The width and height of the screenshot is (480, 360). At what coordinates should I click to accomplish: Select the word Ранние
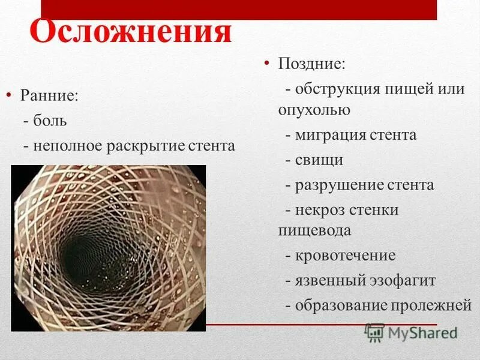coord(49,96)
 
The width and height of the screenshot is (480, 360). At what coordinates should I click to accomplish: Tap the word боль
coord(50,121)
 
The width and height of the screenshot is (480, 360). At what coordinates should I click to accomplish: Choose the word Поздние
coord(311,63)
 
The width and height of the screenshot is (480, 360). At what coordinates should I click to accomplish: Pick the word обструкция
coord(338,89)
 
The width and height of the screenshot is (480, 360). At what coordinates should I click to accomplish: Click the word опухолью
coord(314,110)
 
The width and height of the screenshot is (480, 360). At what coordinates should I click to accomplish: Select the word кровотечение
coord(345,256)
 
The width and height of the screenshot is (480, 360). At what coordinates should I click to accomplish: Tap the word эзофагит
coord(404,280)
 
